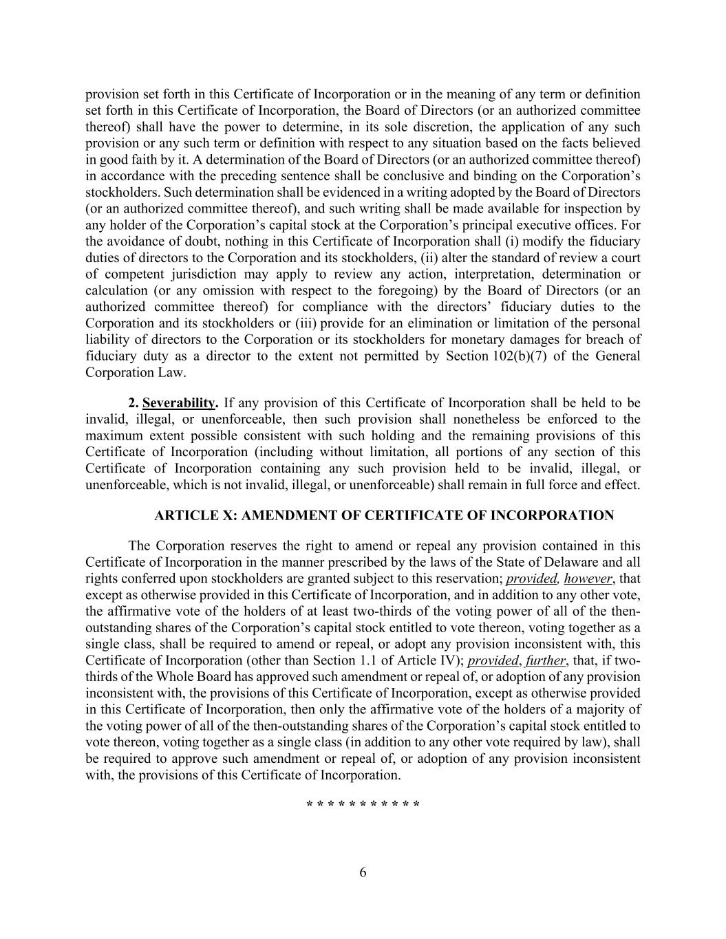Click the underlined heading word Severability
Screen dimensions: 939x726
[179, 403]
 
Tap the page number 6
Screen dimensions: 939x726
[363, 873]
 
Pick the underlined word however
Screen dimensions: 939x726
[588, 579]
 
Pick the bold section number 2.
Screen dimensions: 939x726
[134, 403]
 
